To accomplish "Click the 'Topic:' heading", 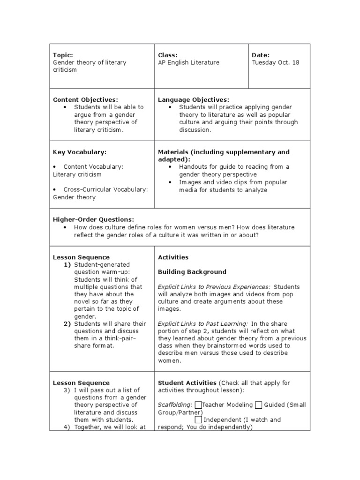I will point(63,55).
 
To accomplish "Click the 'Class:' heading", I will point(168,55).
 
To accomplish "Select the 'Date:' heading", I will point(261,55).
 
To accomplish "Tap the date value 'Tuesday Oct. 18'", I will point(275,62).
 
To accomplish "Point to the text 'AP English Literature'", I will point(188,62).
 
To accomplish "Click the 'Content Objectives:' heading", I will point(85,99).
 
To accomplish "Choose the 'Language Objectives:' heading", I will point(194,99).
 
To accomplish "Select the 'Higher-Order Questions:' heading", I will point(93,219).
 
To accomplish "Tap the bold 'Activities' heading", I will point(173,257).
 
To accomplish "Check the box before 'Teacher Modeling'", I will point(198,405).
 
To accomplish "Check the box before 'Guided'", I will point(257,405).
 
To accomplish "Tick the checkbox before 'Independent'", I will point(198,420).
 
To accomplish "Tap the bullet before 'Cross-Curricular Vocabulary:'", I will point(55,189).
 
